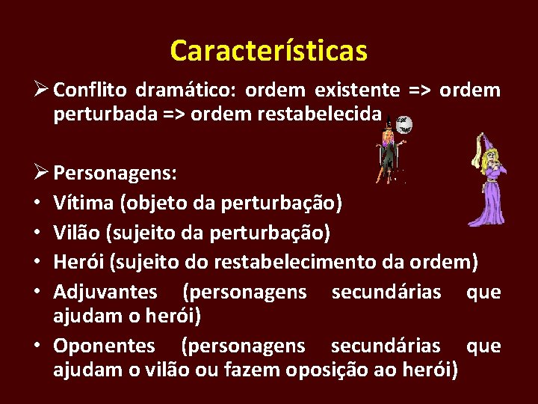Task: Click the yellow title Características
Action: (x=268, y=51)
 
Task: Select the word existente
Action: (x=357, y=91)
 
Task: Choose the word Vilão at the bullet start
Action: (x=75, y=232)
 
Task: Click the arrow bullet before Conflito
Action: (x=42, y=91)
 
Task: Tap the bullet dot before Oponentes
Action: (x=37, y=346)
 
